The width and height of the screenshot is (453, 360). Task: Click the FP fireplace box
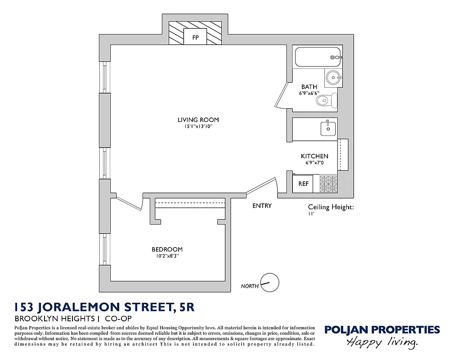195,37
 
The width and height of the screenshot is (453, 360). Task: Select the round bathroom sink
333,78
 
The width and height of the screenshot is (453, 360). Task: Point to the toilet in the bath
327,100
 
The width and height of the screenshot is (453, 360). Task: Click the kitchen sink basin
327,128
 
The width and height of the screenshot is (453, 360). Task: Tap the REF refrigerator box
304,184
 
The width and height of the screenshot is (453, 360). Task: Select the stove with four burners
328,184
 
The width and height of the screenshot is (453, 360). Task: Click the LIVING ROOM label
198,120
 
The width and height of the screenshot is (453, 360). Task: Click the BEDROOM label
167,249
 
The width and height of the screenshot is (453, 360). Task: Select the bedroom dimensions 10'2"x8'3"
167,256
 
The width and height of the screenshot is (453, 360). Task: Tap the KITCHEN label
314,156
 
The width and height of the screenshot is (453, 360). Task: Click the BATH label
309,87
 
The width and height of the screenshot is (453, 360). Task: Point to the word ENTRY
262,206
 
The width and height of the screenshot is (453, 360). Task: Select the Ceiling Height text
331,207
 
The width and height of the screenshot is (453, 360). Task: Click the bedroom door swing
128,202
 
